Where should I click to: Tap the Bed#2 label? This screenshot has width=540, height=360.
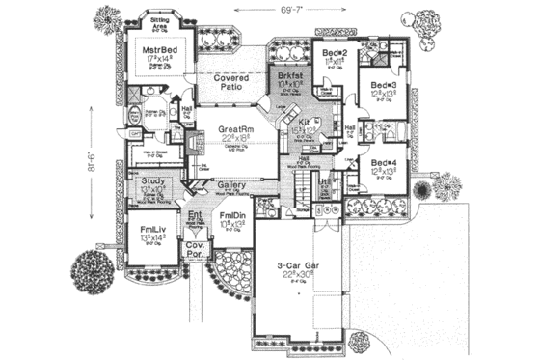(x=334, y=51)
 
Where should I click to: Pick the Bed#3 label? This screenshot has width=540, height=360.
(x=383, y=85)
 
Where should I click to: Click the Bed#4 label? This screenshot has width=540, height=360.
(x=383, y=163)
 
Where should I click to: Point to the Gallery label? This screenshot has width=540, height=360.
(x=229, y=184)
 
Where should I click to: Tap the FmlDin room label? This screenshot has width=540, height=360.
(x=231, y=214)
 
